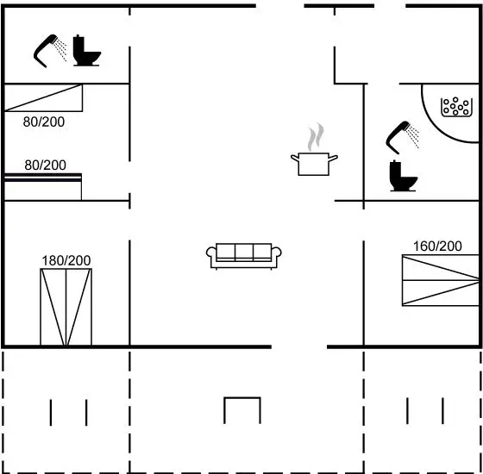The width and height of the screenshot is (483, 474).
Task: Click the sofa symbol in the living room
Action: [x=243, y=257]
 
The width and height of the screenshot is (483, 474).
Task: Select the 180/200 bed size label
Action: [x=66, y=260]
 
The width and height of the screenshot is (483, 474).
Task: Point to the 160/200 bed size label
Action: [x=437, y=246]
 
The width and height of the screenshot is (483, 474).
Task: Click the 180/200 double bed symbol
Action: [x=66, y=307]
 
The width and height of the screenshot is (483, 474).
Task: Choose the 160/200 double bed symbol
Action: [x=441, y=280]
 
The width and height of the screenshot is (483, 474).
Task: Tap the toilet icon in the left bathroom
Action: [x=86, y=51]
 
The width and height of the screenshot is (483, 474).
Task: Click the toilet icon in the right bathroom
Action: [x=403, y=176]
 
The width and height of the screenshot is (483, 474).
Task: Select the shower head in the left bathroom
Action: [x=50, y=51]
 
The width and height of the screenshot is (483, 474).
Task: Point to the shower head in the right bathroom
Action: [x=402, y=137]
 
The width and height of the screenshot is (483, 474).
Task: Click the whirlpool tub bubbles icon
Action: [x=456, y=107]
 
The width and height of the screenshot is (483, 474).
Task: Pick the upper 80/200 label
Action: [x=44, y=122]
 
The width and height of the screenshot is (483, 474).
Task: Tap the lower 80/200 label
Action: [x=45, y=165]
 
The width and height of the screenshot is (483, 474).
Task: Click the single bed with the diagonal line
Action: [x=43, y=98]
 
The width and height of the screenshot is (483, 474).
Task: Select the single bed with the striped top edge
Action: [x=43, y=187]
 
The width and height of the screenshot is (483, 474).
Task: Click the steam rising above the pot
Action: [x=316, y=137]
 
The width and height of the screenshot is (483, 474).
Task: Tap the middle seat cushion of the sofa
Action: [x=244, y=253]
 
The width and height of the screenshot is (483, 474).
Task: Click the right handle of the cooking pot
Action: [x=333, y=159]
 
